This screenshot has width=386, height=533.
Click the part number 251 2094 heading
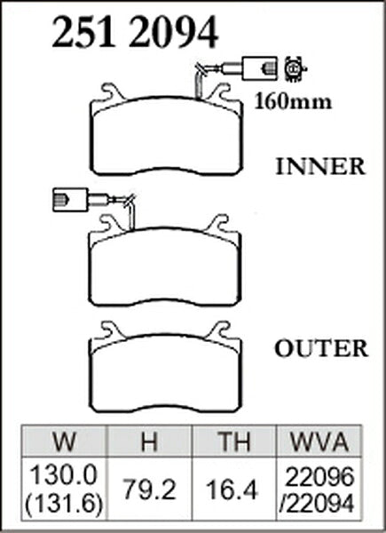[135, 32]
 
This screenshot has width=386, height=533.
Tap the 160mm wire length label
[293, 101]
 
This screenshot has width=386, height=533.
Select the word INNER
[320, 167]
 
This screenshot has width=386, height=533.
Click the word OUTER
[321, 349]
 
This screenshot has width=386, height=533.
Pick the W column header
[65, 442]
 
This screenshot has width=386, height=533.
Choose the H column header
[149, 442]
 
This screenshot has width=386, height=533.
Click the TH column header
[234, 442]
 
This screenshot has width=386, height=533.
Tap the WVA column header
[319, 442]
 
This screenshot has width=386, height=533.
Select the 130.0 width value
[64, 475]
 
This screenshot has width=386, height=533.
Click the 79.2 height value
[149, 489]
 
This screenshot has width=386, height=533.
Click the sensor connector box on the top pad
[259, 68]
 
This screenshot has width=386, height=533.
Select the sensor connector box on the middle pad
[70, 200]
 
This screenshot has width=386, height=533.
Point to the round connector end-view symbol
[295, 68]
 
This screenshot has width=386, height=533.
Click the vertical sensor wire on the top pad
[199, 85]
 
